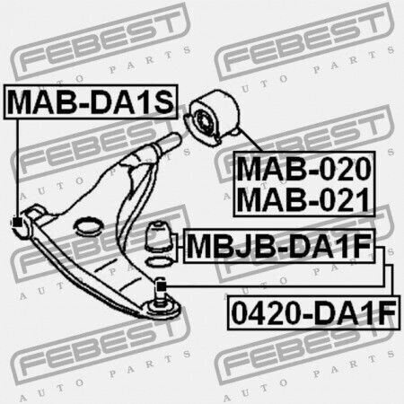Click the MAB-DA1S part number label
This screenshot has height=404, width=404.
tap(91, 101)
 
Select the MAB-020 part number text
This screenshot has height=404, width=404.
tap(304, 169)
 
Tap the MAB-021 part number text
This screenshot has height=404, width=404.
tap(303, 199)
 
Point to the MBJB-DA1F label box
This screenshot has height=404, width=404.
tap(279, 246)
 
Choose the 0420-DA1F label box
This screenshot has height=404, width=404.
tap(313, 312)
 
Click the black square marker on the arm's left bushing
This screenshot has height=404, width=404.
tap(17, 223)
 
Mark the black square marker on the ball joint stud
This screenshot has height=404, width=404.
tap(161, 286)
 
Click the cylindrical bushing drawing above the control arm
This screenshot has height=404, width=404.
tap(212, 118)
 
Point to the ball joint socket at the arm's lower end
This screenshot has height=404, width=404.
tap(161, 308)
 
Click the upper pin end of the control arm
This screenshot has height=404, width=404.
tap(171, 141)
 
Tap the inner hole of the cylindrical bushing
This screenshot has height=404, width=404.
tap(204, 122)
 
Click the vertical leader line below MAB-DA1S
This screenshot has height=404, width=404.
tap(17, 169)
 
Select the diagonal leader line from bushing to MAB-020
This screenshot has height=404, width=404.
tap(250, 140)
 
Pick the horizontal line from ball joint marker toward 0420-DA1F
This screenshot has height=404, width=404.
tap(275, 286)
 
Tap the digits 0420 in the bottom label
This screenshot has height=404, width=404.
tap(267, 312)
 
